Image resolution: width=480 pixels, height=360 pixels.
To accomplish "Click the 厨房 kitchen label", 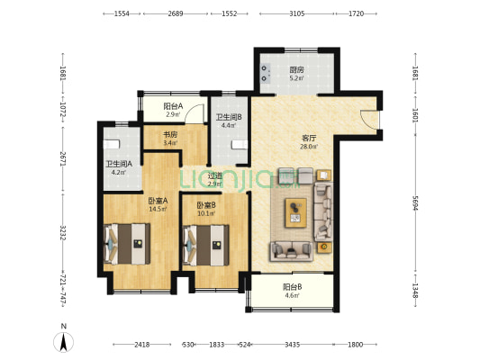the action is [296, 69].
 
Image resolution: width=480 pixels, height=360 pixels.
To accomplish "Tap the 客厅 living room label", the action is [309, 139].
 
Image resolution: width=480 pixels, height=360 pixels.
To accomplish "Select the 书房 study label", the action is [170, 135].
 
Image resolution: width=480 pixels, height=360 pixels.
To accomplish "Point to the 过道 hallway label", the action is [214, 175].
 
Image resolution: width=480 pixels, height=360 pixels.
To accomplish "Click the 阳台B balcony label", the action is [293, 287].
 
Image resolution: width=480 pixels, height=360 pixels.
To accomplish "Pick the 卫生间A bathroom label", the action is [119, 164].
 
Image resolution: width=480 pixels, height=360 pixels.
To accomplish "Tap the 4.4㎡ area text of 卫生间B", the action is [229, 125].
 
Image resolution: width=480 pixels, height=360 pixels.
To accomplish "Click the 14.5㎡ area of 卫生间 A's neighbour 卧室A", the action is [158, 209].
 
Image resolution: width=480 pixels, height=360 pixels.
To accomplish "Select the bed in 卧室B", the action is [205, 246].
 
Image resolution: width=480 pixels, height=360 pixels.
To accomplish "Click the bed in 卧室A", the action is [127, 244].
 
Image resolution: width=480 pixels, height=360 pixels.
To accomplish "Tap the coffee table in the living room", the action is [295, 213].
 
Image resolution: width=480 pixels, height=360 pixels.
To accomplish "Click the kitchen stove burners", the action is [265, 74].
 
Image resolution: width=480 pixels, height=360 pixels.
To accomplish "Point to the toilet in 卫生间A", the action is [112, 144].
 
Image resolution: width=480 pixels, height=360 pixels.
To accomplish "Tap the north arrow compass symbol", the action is [63, 342].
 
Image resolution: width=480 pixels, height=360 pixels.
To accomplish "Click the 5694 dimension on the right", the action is [415, 203].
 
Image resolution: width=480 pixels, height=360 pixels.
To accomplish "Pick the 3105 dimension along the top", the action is [296, 13].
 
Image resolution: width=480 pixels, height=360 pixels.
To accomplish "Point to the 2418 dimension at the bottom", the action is [141, 345].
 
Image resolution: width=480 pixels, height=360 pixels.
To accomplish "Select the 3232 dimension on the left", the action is [62, 233].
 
